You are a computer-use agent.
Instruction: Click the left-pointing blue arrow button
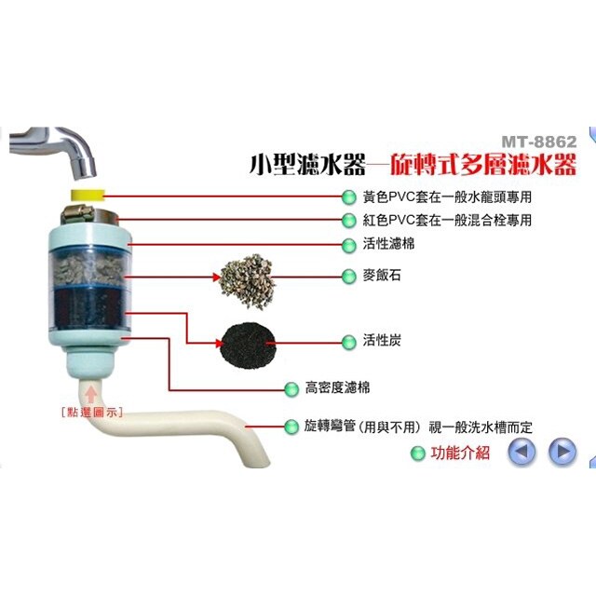pyautogui.click(x=521, y=453)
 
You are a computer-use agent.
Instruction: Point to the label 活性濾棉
pyautogui.click(x=386, y=244)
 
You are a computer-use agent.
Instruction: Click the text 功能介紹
pyautogui.click(x=460, y=454)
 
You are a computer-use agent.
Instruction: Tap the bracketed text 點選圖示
pyautogui.click(x=90, y=411)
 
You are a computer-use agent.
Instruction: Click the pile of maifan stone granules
pyautogui.click(x=245, y=277)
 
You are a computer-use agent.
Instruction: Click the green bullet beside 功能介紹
pyautogui.click(x=417, y=454)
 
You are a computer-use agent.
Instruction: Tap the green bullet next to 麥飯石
pyautogui.click(x=349, y=276)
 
